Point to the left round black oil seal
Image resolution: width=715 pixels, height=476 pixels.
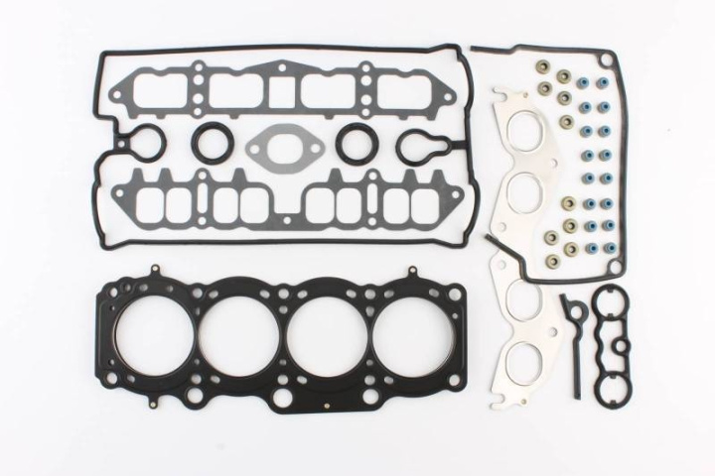[x=210, y=145]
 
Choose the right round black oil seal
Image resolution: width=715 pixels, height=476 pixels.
[x=354, y=145]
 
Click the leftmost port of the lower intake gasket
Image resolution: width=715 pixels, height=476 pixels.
[x=149, y=203]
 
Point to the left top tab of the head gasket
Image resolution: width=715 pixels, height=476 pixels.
[x=156, y=270]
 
